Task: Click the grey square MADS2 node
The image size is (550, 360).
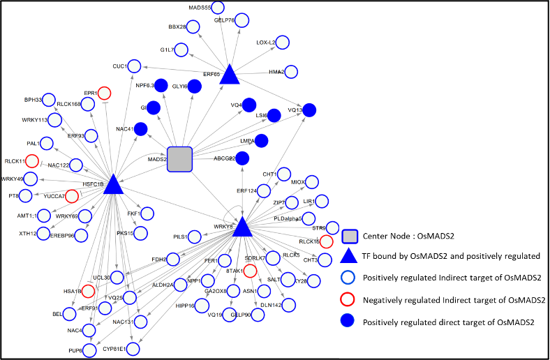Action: (179, 159)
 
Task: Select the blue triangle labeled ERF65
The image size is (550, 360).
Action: (230, 75)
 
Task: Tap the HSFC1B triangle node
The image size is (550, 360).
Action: (113, 183)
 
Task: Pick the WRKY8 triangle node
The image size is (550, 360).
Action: (242, 227)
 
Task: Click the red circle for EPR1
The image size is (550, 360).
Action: (104, 93)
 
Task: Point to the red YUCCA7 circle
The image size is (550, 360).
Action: (72, 196)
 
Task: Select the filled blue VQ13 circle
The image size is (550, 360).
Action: (309, 110)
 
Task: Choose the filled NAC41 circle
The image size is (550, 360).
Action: (140, 128)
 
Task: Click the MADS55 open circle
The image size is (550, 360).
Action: (217, 8)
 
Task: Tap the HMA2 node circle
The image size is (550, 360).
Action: (291, 71)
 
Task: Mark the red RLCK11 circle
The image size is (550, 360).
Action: (31, 161)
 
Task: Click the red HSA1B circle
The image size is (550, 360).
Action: (89, 291)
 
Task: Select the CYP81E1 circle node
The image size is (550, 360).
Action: (133, 348)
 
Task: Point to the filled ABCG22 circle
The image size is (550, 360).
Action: (242, 158)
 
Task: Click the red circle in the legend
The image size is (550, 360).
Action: (348, 299)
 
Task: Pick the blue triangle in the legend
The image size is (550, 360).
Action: (349, 257)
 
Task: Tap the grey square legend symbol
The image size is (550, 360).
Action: (350, 237)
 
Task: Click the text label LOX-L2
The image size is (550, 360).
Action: (265, 43)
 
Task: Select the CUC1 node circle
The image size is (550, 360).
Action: (134, 66)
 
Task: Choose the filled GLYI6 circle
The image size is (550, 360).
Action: (195, 86)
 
